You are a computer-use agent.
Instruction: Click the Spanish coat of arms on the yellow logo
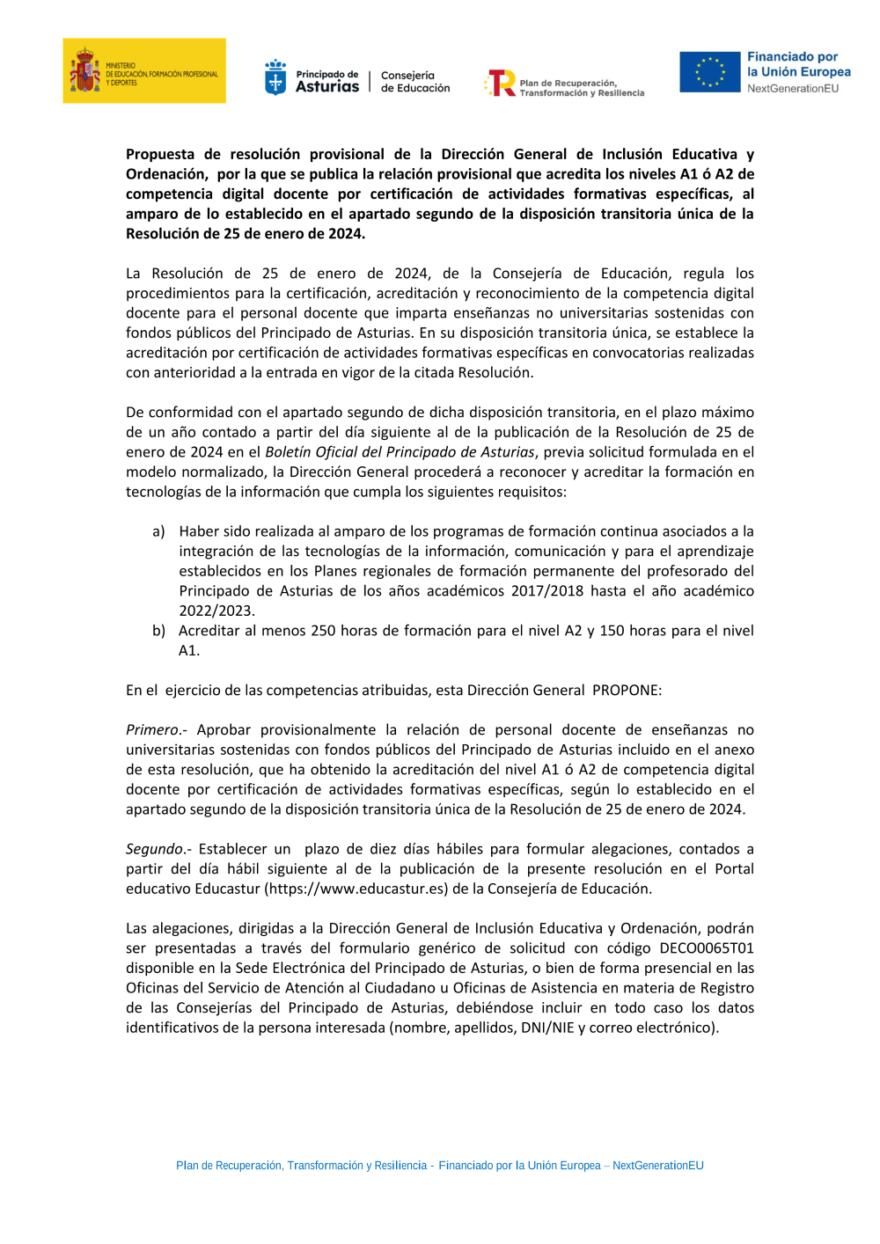click(85, 70)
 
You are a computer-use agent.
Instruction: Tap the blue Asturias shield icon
click(275, 77)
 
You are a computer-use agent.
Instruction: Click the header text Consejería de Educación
click(414, 82)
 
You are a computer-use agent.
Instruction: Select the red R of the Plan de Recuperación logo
click(502, 83)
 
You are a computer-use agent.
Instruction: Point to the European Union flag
click(709, 72)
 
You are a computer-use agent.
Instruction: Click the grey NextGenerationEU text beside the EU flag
click(793, 88)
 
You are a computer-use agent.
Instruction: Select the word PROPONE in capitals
click(627, 690)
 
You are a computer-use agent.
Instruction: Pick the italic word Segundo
click(155, 848)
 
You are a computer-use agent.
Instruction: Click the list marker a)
click(158, 531)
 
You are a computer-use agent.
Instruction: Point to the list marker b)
click(158, 630)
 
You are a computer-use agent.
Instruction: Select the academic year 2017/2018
click(539, 590)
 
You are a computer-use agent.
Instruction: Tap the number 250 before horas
click(324, 630)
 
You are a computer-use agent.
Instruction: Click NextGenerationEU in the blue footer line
click(657, 1165)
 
